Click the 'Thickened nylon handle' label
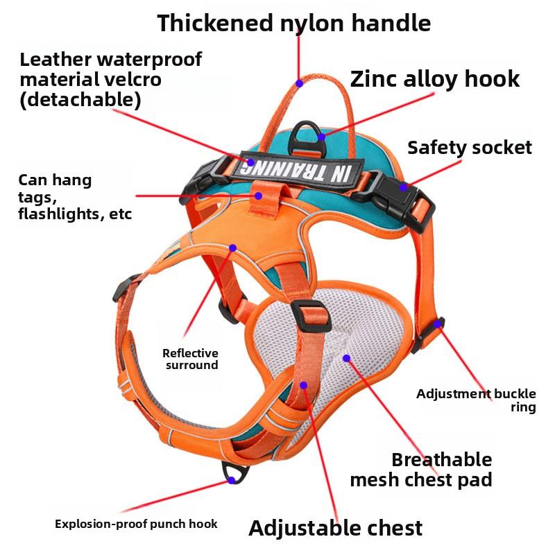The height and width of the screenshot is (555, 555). pyautogui.click(x=293, y=24)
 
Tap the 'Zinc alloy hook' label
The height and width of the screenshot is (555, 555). pyautogui.click(x=435, y=78)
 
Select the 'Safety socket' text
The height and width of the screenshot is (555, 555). pyautogui.click(x=470, y=148)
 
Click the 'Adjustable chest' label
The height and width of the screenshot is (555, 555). pyautogui.click(x=336, y=528)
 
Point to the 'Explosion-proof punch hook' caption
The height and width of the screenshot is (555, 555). pyautogui.click(x=136, y=524)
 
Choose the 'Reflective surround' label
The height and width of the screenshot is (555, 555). pyautogui.click(x=190, y=359)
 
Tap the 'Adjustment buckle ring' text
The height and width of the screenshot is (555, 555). pyautogui.click(x=476, y=400)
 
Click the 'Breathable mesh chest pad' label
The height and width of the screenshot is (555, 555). pyautogui.click(x=421, y=470)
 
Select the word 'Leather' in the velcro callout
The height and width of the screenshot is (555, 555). pyautogui.click(x=55, y=60)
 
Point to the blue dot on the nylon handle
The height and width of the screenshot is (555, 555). pyautogui.click(x=300, y=83)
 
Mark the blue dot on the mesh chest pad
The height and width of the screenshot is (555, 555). pyautogui.click(x=346, y=358)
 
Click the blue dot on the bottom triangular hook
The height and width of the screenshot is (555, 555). pyautogui.click(x=232, y=480)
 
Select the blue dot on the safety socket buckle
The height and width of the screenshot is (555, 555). pyautogui.click(x=404, y=187)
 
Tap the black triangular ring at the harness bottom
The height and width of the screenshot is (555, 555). pyautogui.click(x=235, y=472)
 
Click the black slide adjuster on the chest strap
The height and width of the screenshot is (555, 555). pyautogui.click(x=311, y=316)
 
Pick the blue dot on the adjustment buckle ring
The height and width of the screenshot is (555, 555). pyautogui.click(x=438, y=323)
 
